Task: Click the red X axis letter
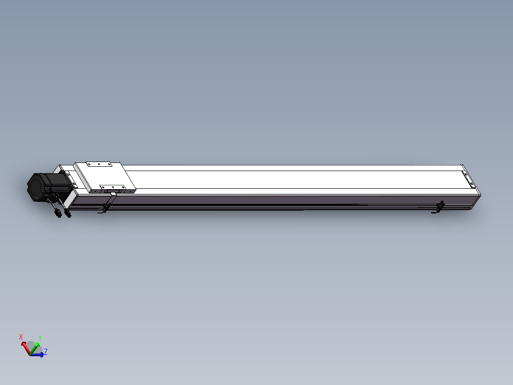[21, 337]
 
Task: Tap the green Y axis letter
[40, 338]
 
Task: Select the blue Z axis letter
[45, 352]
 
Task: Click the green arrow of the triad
[36, 345]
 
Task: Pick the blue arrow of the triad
[38, 354]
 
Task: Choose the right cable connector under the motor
[68, 213]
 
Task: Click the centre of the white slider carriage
[105, 176]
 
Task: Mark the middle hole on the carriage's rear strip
[99, 164]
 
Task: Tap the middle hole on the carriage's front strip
[113, 187]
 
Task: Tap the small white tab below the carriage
[113, 194]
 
